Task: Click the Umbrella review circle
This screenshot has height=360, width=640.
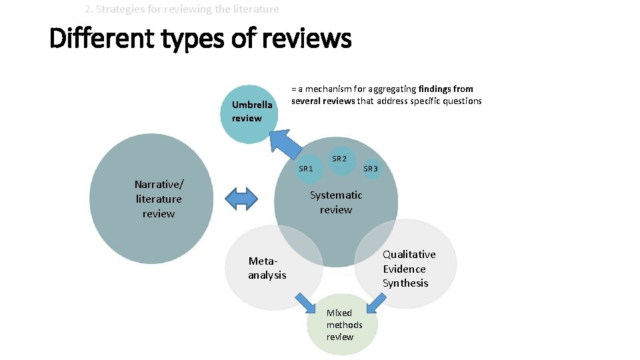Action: point(247,113)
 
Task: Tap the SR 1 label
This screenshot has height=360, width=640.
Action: point(305,169)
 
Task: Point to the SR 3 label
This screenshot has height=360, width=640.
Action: point(371,169)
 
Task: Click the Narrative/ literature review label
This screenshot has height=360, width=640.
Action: point(159,199)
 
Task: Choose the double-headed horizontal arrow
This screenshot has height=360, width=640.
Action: point(241,199)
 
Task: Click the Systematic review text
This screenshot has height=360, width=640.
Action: point(336,202)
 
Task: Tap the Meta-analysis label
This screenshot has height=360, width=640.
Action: point(267,268)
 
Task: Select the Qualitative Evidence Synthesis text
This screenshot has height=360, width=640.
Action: point(409,269)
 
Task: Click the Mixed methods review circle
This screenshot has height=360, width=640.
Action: point(343,325)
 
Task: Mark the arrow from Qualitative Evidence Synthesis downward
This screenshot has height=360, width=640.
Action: point(376,303)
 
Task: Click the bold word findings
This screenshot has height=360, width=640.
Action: point(435,89)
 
